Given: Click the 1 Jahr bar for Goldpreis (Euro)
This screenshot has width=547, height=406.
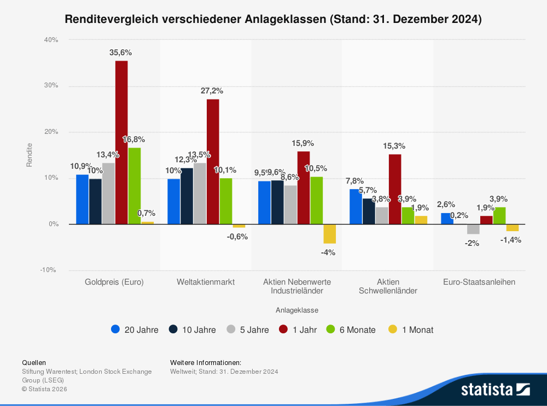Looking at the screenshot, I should pos(121,142).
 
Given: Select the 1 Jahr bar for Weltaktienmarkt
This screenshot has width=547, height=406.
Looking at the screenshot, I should pos(213,161).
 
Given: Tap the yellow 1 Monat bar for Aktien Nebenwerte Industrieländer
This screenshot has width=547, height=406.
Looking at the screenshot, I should pos(330,234).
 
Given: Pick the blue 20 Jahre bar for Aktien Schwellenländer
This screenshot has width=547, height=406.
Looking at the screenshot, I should pos(356,207).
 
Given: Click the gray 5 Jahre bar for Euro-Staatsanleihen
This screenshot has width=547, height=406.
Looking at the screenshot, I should pos(473,229).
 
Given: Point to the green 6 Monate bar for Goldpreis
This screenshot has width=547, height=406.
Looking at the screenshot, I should pos(135,186).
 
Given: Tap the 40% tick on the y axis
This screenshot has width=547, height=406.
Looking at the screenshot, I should pos(52,40).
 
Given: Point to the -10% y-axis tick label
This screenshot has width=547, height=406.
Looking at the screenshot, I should pos(49,270).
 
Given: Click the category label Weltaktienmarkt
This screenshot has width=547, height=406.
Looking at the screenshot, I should pos(206,282).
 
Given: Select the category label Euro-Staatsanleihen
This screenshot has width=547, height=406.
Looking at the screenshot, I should pos(479,282).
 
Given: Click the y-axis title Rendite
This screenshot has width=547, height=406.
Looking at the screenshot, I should pos(30,155).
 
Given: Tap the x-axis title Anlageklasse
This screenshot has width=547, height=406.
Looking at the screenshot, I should pos(297,310).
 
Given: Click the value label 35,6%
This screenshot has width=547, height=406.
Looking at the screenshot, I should pos(120,52).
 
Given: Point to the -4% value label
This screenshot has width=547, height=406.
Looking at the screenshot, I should pos(328,252).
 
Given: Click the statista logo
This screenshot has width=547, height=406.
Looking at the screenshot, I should pos(496,389).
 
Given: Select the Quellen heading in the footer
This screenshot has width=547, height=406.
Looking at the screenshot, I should pos(34,362).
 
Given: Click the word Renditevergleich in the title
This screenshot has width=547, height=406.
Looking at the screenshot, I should pos(112,19).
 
